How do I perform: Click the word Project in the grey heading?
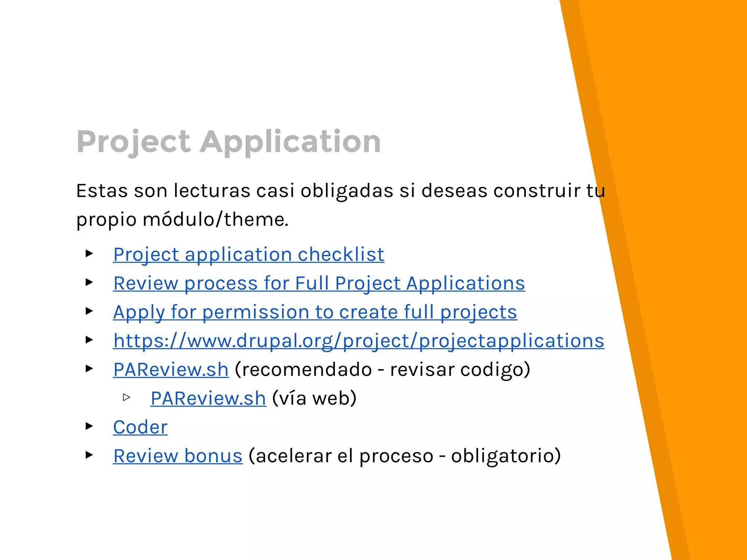click(133, 142)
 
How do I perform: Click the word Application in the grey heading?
click(290, 142)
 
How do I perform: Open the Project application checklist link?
click(248, 254)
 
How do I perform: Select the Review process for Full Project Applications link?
click(319, 283)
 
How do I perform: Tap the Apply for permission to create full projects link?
click(315, 312)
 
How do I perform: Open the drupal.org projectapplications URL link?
click(359, 341)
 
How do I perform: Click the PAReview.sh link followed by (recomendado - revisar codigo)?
click(171, 370)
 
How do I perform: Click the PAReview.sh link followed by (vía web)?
click(208, 398)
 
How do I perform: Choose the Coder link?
click(140, 427)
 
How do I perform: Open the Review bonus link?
click(178, 456)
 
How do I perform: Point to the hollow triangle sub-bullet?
click(127, 397)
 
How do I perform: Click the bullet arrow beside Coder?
click(89, 426)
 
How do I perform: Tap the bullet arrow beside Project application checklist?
click(89, 253)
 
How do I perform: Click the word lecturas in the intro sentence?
click(212, 191)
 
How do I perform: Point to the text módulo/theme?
click(215, 219)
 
